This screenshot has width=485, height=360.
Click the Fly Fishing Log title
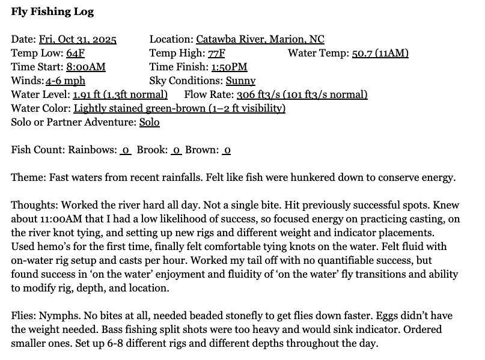(52, 12)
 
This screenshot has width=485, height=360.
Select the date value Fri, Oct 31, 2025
(78, 40)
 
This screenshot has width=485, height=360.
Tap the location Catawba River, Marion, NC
(260, 40)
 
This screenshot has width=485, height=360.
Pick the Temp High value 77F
(218, 53)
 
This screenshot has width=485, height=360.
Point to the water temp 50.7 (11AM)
(380, 53)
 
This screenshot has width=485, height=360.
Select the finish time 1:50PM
(228, 67)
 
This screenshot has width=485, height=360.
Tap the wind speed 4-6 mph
(66, 81)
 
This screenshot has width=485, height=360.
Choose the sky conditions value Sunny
(240, 81)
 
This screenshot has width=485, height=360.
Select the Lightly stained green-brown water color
(179, 109)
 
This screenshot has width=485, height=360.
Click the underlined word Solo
(150, 123)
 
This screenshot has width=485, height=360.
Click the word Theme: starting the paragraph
(28, 178)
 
